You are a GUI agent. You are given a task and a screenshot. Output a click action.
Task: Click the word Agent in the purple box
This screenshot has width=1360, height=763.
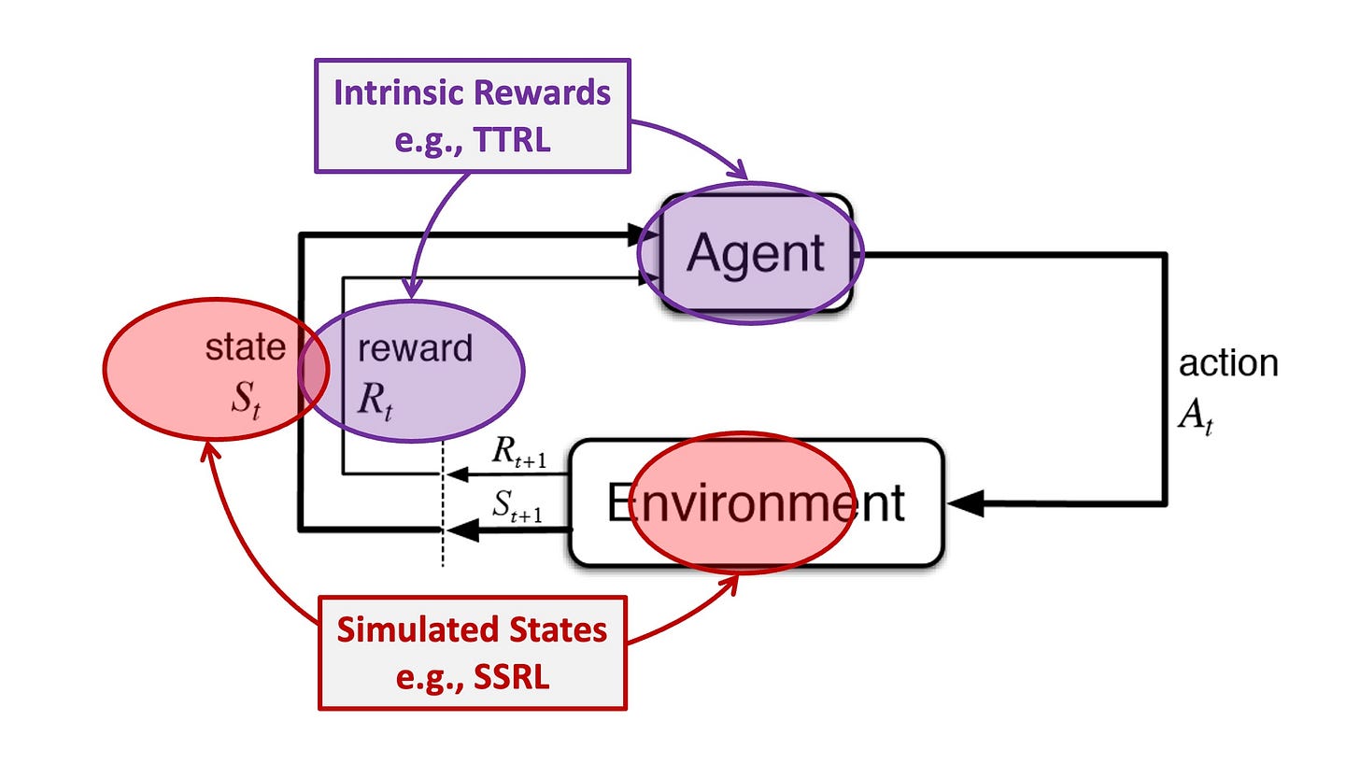point(756,252)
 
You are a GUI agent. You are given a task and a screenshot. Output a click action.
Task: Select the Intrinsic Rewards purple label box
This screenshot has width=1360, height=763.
point(473,115)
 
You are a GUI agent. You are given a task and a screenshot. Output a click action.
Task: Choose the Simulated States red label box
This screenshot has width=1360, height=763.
point(472,653)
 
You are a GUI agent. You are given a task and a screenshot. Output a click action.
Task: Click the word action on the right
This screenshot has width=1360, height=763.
point(1228,363)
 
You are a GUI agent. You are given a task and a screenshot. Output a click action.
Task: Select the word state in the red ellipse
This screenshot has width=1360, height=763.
point(246,347)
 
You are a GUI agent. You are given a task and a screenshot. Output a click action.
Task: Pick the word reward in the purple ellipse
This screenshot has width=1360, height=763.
point(416,348)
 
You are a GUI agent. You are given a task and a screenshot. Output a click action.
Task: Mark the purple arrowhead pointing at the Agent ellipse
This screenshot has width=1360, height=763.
point(738,172)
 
